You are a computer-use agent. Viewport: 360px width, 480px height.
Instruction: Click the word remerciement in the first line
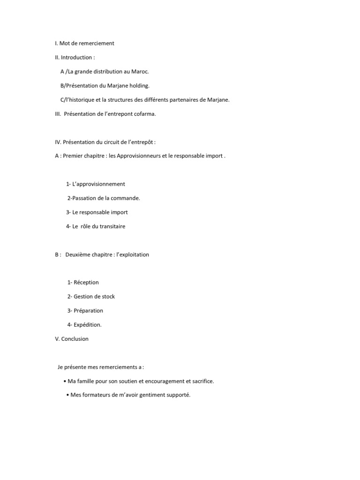click(96, 44)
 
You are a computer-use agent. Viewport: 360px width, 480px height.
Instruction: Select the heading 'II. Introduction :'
click(75, 58)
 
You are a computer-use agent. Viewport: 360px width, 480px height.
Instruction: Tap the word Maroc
click(139, 72)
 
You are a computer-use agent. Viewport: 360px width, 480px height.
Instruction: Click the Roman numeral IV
click(58, 142)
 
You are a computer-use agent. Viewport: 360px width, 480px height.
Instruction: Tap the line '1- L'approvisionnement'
click(96, 184)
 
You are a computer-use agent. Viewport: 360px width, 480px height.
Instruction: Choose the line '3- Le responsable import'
click(97, 212)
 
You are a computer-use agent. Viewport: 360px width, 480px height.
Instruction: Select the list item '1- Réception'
click(83, 283)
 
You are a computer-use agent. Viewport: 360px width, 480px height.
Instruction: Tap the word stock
click(108, 297)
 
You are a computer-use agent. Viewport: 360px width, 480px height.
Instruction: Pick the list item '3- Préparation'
click(85, 311)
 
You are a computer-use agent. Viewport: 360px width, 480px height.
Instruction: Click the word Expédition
click(87, 325)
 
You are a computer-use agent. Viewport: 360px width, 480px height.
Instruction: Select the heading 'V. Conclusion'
click(72, 339)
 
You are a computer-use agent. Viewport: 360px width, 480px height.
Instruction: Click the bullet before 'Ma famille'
click(64, 381)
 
